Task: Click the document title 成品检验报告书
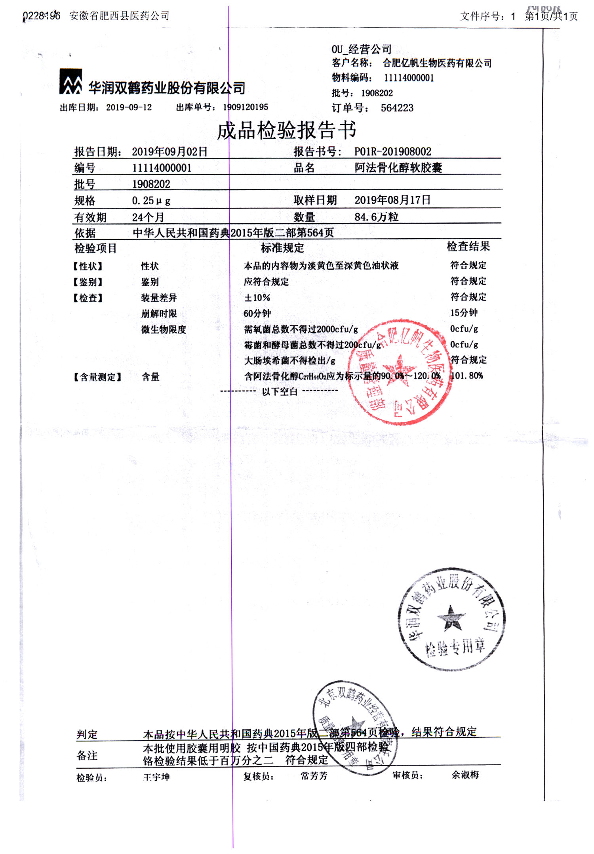(x=286, y=130)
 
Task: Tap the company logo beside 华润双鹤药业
(x=70, y=82)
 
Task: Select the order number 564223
(x=397, y=108)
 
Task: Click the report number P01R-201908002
(x=392, y=151)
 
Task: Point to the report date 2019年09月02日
(x=169, y=151)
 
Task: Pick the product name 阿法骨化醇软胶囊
(x=398, y=168)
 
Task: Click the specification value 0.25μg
(x=151, y=201)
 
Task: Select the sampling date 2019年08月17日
(x=392, y=200)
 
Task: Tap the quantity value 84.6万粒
(x=376, y=217)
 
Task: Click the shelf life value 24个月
(x=148, y=217)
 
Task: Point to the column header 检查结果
(x=468, y=247)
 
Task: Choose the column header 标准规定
(x=282, y=248)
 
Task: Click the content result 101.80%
(x=467, y=375)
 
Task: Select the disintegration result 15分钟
(x=464, y=313)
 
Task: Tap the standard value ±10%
(x=257, y=298)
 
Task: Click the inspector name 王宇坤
(x=156, y=777)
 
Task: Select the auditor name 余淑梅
(x=465, y=775)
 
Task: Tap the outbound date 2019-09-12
(x=129, y=107)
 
